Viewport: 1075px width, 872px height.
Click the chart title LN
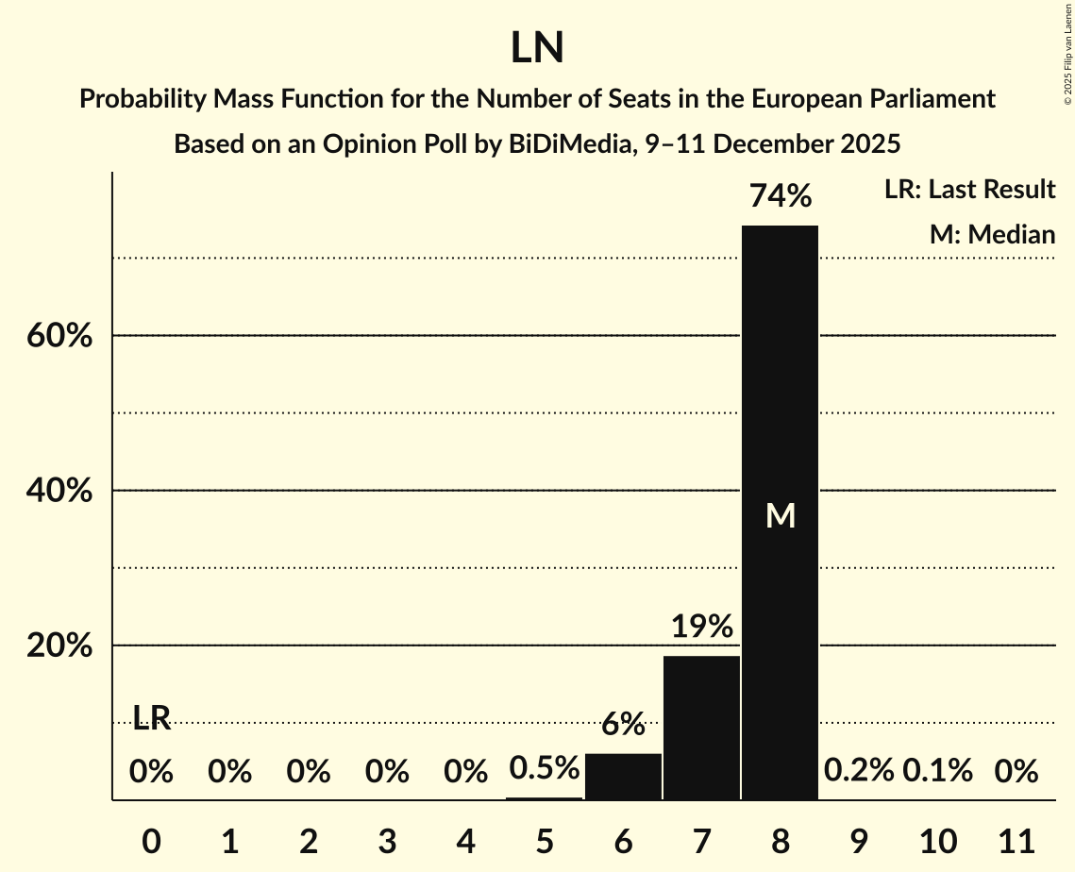tap(537, 49)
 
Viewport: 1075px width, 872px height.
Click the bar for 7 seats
tap(701, 727)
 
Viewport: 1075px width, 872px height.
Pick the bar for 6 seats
tap(623, 776)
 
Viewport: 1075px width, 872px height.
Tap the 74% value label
tap(780, 196)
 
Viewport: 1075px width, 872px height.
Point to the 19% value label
tap(701, 627)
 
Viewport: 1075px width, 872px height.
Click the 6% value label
tap(623, 725)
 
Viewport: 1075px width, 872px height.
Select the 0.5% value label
tap(545, 768)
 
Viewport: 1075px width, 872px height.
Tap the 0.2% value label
tap(858, 771)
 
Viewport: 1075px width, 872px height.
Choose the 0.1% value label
tap(937, 771)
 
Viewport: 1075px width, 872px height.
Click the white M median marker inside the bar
tap(780, 515)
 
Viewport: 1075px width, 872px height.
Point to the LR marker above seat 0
tap(151, 719)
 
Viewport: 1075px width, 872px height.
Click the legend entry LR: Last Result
tap(969, 190)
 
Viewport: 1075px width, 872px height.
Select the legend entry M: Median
tap(992, 235)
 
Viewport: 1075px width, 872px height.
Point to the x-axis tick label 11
tap(1016, 838)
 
